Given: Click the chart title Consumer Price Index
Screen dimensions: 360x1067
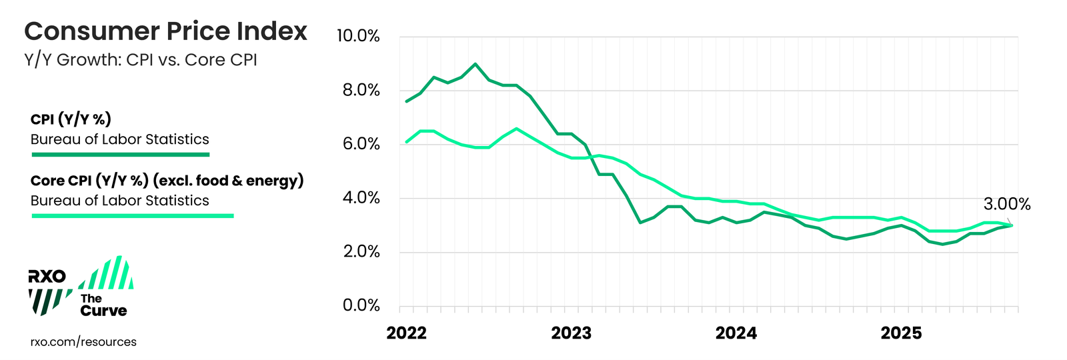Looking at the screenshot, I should pos(165,31).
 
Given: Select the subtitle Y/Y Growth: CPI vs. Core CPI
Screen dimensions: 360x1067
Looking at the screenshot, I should pos(140,60).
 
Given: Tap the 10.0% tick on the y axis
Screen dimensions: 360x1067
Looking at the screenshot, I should pos(358,36).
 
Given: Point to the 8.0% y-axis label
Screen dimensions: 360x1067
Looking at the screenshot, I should pos(361,90).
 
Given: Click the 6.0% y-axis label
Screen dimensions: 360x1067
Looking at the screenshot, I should pos(361,144).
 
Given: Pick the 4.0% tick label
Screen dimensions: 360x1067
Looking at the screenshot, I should pos(361,198).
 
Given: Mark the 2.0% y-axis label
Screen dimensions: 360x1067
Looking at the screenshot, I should pos(361,252).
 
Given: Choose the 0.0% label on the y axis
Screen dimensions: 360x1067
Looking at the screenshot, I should pos(361,305).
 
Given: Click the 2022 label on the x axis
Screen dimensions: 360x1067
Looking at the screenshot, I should pos(406,333).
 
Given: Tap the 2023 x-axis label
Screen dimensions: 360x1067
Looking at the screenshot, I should pos(571,333).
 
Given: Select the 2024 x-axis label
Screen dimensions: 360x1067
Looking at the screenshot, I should pos(736,333).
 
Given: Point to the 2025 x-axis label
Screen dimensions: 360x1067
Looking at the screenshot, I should pos(901,333).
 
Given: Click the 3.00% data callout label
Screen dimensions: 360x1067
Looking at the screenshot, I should pos(1006,205).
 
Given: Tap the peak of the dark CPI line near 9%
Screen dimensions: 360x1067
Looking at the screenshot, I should pos(475,64).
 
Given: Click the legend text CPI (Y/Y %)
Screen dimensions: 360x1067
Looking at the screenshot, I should pos(71,119).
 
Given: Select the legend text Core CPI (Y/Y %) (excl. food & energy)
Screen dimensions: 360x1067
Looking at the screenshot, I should pos(167,181).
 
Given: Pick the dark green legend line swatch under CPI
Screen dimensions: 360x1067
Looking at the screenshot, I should pos(121,155).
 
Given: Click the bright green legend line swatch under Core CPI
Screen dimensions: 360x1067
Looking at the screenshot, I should pos(133,216).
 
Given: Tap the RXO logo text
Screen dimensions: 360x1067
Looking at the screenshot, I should pos(47,277).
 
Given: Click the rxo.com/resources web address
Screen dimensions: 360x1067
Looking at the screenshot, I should pos(83,342).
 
